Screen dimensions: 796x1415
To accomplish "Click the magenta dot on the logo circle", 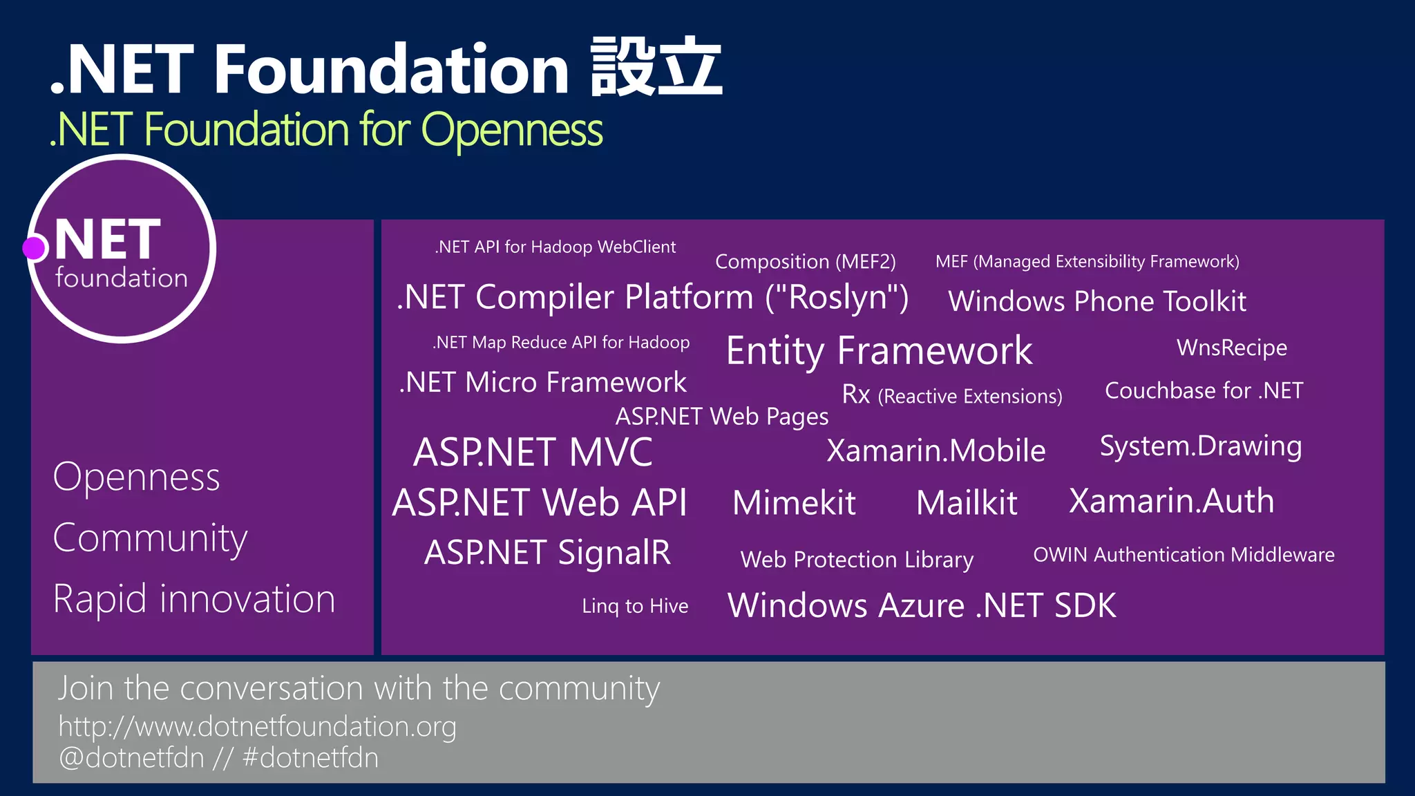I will click(33, 248).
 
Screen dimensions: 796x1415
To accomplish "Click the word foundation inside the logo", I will click(122, 278).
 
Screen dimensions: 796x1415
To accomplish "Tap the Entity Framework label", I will click(879, 351).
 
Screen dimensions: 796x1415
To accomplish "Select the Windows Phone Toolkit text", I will click(1097, 301).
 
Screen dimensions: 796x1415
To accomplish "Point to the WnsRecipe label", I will click(1231, 348).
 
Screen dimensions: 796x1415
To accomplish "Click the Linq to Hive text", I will click(635, 606).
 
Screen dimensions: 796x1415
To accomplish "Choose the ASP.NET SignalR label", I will click(547, 553).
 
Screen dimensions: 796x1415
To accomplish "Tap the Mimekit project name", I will click(794, 502).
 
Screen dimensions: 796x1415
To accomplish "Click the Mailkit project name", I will click(966, 502).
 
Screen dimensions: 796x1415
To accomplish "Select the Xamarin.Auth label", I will click(1171, 501).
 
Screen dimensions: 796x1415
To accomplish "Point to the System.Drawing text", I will click(1200, 446).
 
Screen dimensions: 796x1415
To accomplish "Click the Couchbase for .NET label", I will click(1204, 391).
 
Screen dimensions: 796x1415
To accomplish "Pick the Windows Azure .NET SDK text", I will click(922, 605).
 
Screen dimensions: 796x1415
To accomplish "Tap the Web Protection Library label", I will click(857, 559).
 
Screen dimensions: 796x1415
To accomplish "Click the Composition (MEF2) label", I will click(805, 262).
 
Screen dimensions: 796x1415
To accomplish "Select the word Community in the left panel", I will click(150, 538).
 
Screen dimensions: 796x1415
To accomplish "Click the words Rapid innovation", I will click(194, 598).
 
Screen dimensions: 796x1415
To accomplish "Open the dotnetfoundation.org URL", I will click(257, 727).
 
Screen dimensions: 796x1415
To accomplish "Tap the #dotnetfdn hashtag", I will click(310, 758).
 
